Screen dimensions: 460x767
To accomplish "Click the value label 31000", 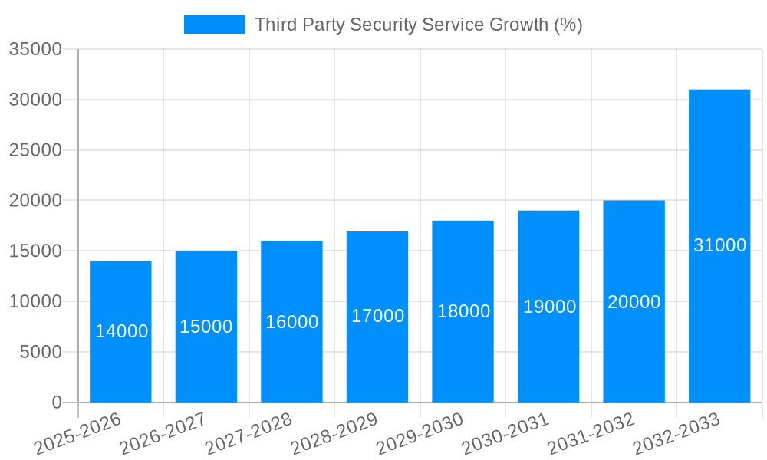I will pyautogui.click(x=719, y=245).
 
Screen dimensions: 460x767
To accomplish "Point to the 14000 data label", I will pyautogui.click(x=122, y=331).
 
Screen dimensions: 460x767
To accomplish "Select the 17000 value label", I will pyautogui.click(x=377, y=316).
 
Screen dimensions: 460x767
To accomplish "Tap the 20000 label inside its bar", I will pyautogui.click(x=634, y=302).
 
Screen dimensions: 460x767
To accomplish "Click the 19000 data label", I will pyautogui.click(x=549, y=307).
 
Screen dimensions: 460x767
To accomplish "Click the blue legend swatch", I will pyautogui.click(x=215, y=25).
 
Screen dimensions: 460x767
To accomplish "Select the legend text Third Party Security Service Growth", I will pyautogui.click(x=418, y=25).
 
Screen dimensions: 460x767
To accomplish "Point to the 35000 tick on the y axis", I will pyautogui.click(x=35, y=50).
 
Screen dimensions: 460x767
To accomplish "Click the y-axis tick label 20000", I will pyautogui.click(x=35, y=201).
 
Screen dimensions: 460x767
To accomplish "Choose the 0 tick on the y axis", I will pyautogui.click(x=56, y=402).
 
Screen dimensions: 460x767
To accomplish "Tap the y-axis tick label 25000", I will pyautogui.click(x=35, y=150).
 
